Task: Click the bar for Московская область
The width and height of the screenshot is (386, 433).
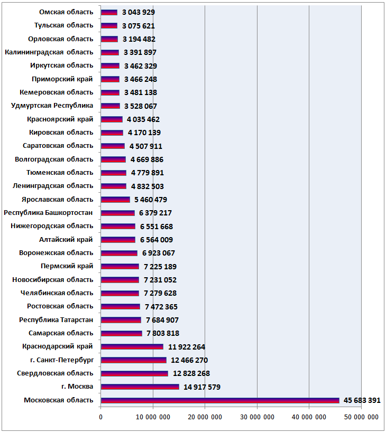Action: pos(220,400)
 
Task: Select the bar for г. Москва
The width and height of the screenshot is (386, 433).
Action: pos(140,387)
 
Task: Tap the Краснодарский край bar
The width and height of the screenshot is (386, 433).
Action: pos(132,346)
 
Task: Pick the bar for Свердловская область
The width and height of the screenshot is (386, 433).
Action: pos(134,373)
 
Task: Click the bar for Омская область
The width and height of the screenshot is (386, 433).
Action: pos(109,12)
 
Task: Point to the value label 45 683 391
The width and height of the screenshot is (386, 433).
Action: pos(362,400)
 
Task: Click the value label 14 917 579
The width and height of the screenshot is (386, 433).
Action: pos(202,387)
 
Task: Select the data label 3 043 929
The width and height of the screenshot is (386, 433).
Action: pos(139,12)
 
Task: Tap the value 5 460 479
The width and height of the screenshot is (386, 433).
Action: pos(151,200)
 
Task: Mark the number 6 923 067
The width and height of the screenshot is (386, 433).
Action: pos(159,253)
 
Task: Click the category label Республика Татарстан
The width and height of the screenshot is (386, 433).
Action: pos(56,320)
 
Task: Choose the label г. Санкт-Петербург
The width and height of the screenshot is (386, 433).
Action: pos(62,360)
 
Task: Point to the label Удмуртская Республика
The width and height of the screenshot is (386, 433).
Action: pos(52,106)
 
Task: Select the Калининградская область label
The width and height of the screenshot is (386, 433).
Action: pos(49,52)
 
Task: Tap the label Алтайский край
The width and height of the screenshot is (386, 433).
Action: pos(66,240)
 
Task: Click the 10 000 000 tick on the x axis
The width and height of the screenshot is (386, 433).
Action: pos(153,417)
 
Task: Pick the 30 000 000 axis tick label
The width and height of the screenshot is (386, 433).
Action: pos(257,417)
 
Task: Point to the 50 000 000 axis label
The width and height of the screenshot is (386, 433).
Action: pos(361,417)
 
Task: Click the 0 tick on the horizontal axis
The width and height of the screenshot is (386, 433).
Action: pos(100,417)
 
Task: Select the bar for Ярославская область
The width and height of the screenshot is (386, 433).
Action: pos(115,200)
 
